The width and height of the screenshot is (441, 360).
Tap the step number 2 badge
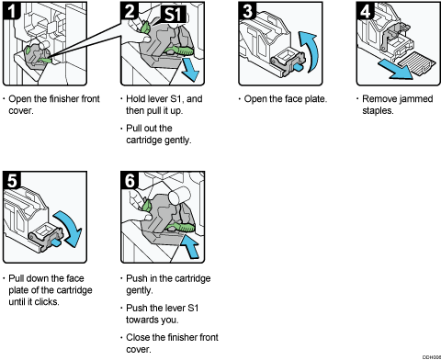pos(130,12)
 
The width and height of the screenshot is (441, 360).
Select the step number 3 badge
pos(244,12)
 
